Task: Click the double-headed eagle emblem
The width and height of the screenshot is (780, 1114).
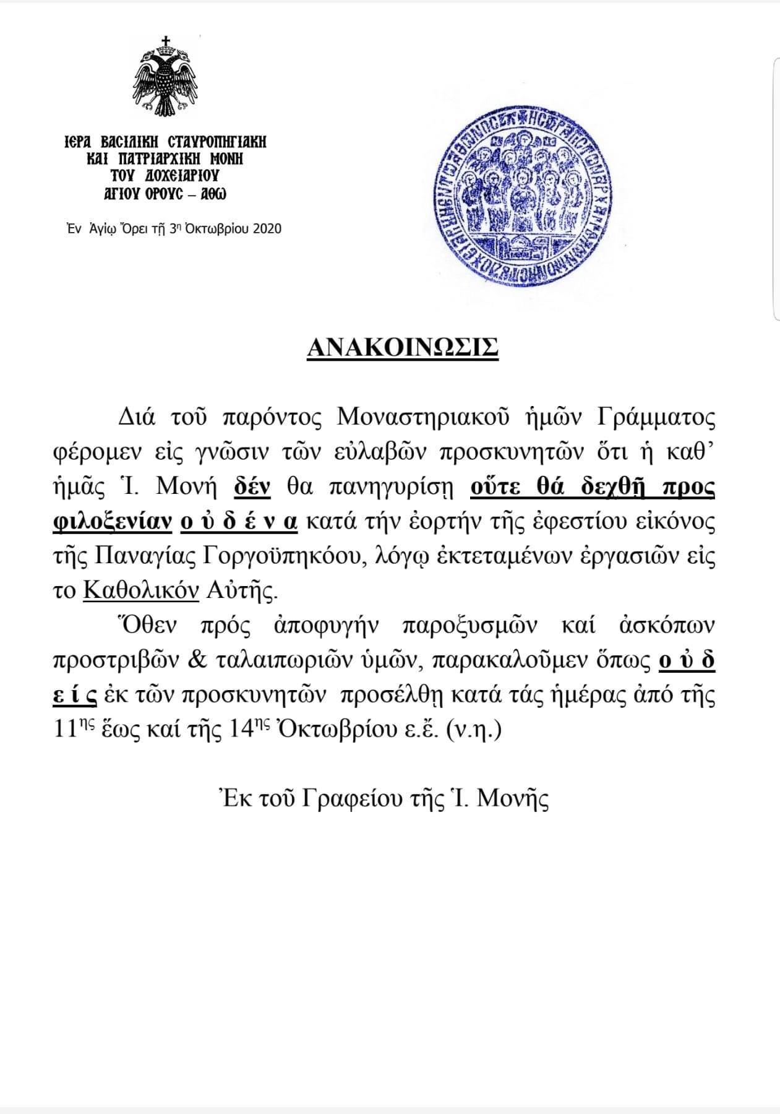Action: tap(165, 79)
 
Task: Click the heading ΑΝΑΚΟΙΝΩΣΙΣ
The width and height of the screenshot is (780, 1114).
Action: tap(402, 348)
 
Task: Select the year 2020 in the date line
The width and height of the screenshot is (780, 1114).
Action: tap(267, 228)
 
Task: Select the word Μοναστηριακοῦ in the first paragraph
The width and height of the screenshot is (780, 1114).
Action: tap(424, 419)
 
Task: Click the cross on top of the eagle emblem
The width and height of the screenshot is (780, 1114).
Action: tap(165, 42)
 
